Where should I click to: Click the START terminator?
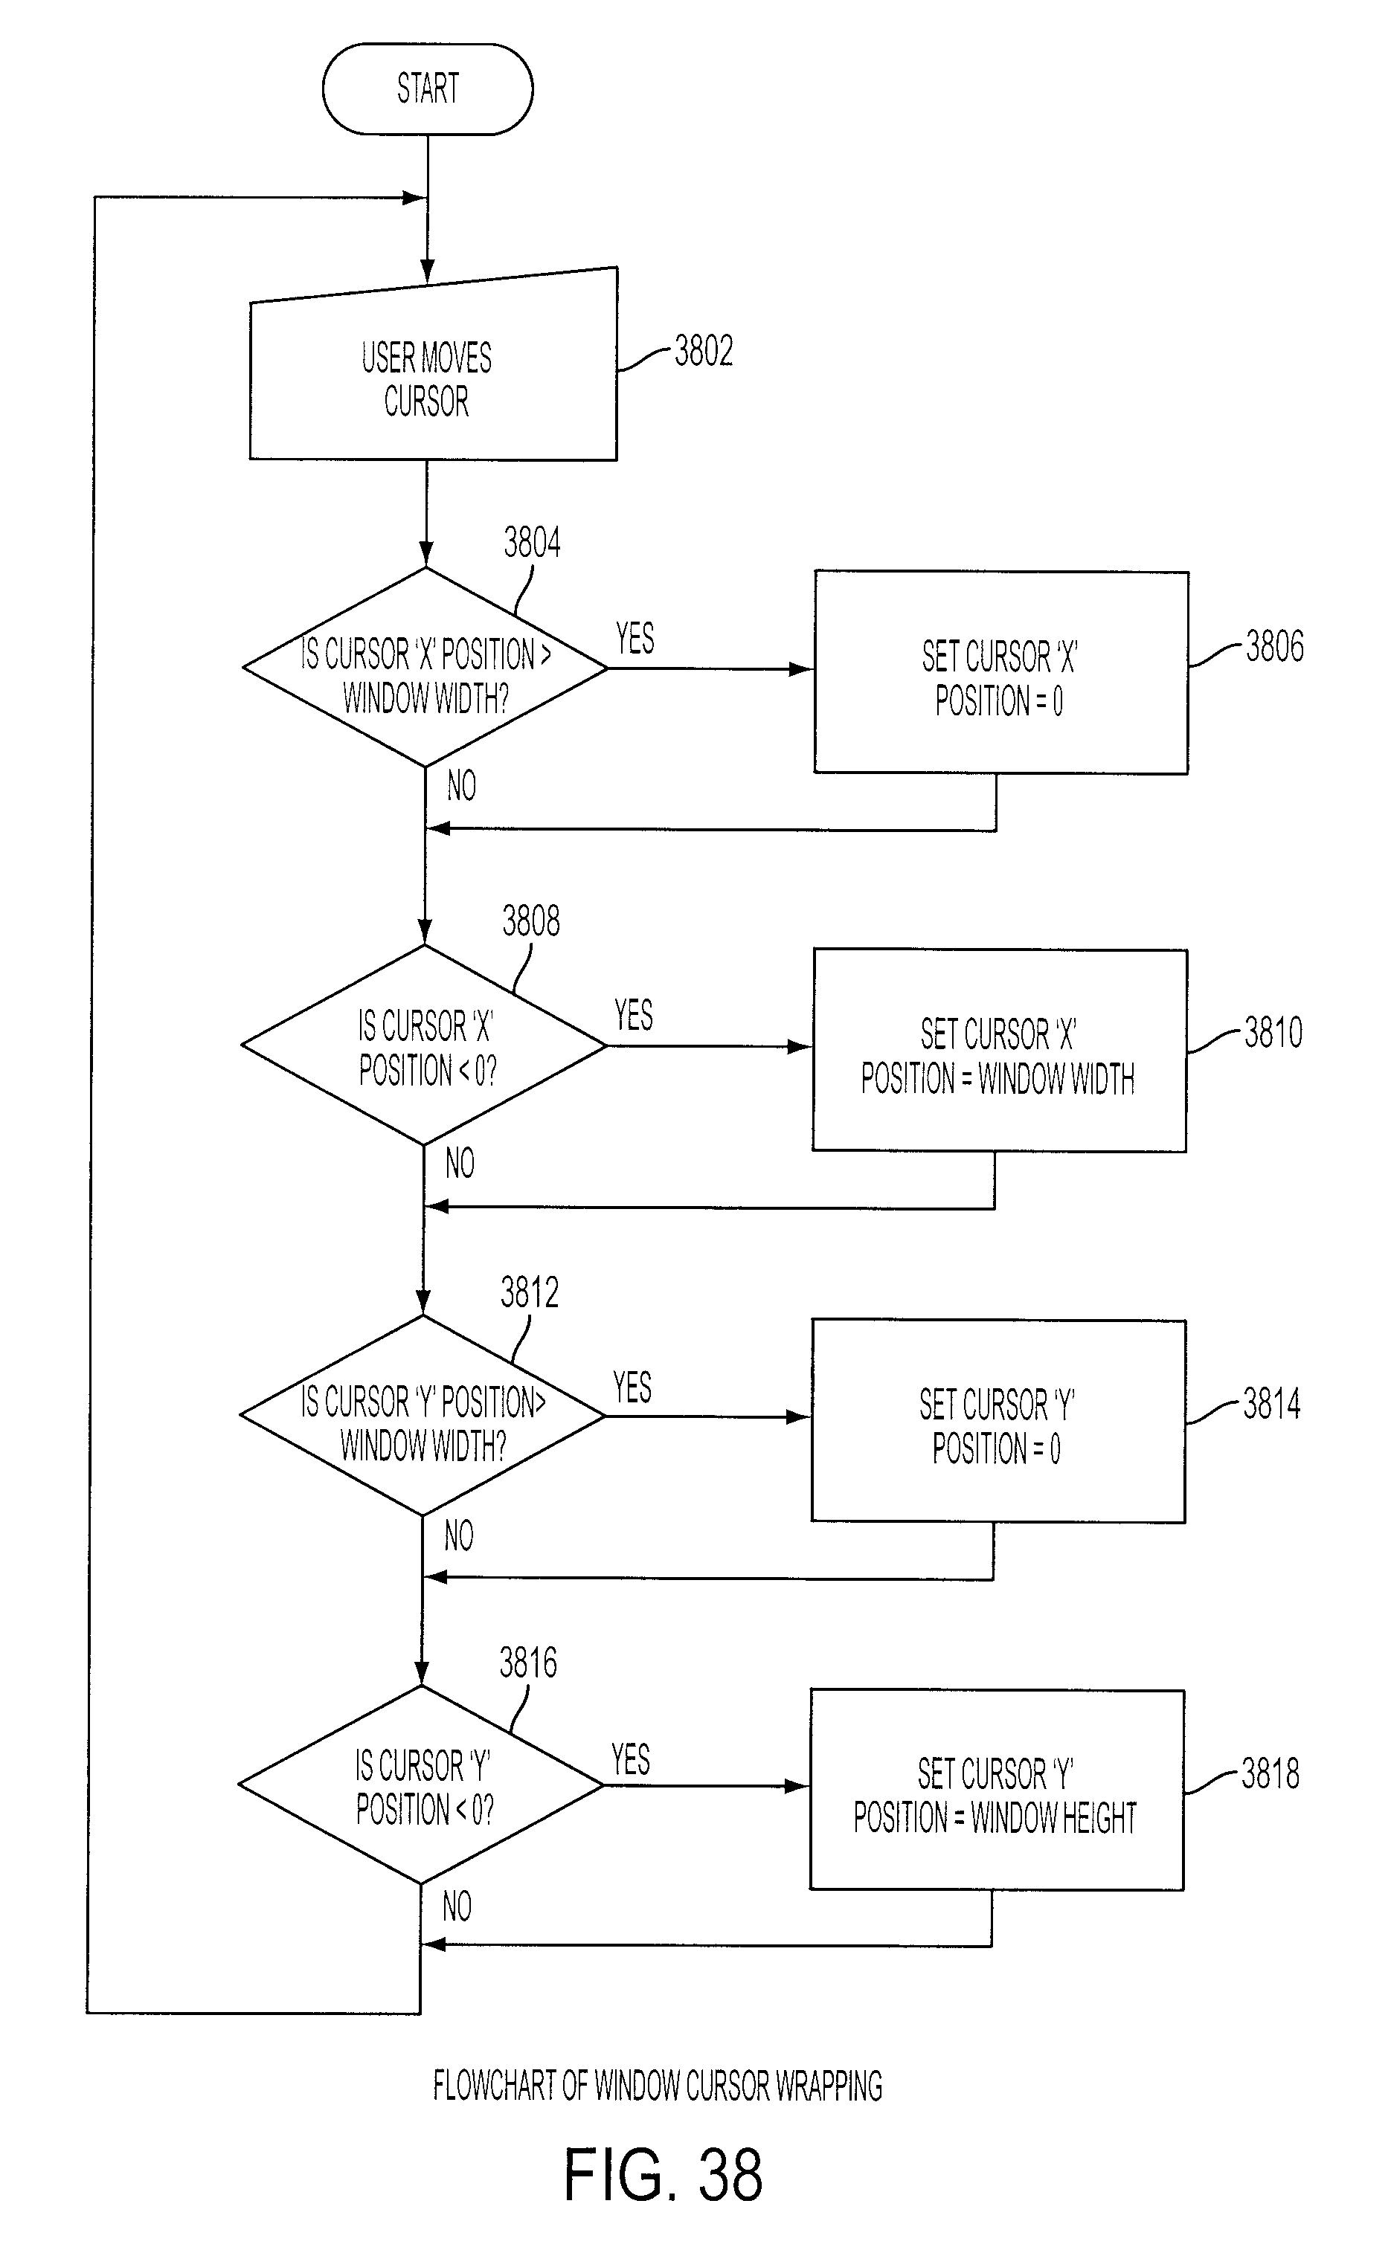(428, 89)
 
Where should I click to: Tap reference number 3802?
(704, 351)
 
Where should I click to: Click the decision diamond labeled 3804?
(425, 668)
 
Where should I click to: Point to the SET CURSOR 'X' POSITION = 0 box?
(1001, 673)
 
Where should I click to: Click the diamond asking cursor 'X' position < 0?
(424, 1045)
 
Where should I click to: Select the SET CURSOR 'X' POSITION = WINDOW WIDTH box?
(999, 1051)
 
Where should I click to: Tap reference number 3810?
(1273, 1033)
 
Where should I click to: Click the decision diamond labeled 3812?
(423, 1416)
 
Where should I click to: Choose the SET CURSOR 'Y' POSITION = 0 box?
(998, 1422)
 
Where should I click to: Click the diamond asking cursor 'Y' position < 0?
(421, 1785)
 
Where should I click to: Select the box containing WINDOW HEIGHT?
(996, 1790)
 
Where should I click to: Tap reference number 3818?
(1270, 1773)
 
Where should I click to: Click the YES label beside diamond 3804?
(635, 638)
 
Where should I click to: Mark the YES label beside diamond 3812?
(632, 1387)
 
